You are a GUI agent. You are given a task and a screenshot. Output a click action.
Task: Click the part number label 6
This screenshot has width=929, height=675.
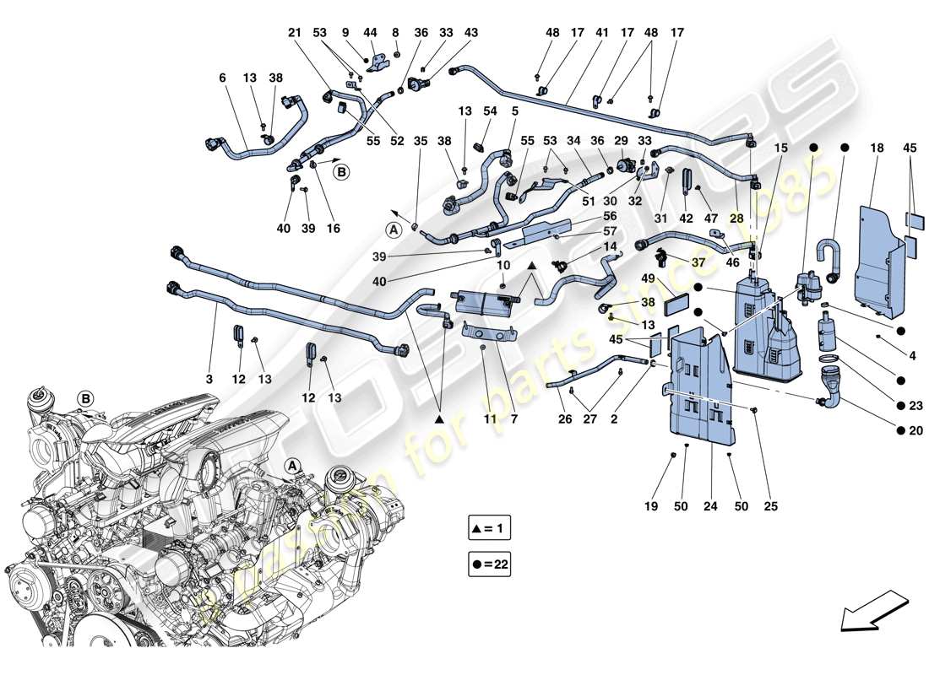click(222, 78)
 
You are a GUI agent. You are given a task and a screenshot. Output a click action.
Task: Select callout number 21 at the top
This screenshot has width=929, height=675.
click(295, 32)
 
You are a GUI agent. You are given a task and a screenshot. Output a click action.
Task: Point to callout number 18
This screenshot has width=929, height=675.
click(877, 148)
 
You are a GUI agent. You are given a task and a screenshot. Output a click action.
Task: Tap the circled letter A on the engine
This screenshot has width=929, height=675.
click(292, 465)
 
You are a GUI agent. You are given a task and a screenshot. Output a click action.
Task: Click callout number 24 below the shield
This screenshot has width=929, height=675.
click(710, 507)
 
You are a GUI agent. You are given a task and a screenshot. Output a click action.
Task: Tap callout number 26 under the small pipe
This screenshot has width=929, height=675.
click(565, 419)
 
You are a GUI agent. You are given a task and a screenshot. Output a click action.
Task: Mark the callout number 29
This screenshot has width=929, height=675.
click(622, 140)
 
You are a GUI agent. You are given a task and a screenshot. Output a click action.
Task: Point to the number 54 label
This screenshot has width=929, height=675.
click(490, 112)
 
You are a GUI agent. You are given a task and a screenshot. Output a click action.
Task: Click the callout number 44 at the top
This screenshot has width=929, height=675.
click(371, 32)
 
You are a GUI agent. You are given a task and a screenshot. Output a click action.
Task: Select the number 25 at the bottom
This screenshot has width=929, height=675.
click(770, 507)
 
